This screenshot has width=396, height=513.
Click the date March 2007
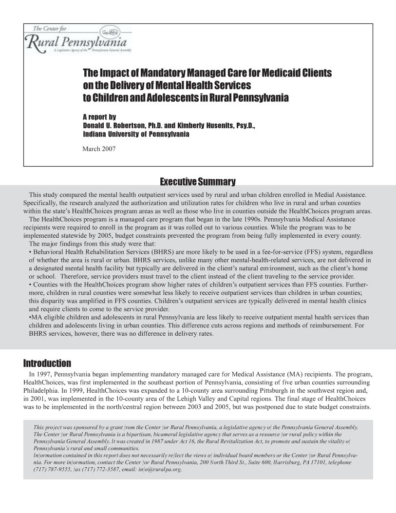point(99,149)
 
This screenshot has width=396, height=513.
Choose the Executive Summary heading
point(198,182)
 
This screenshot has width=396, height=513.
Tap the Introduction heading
point(47,363)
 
